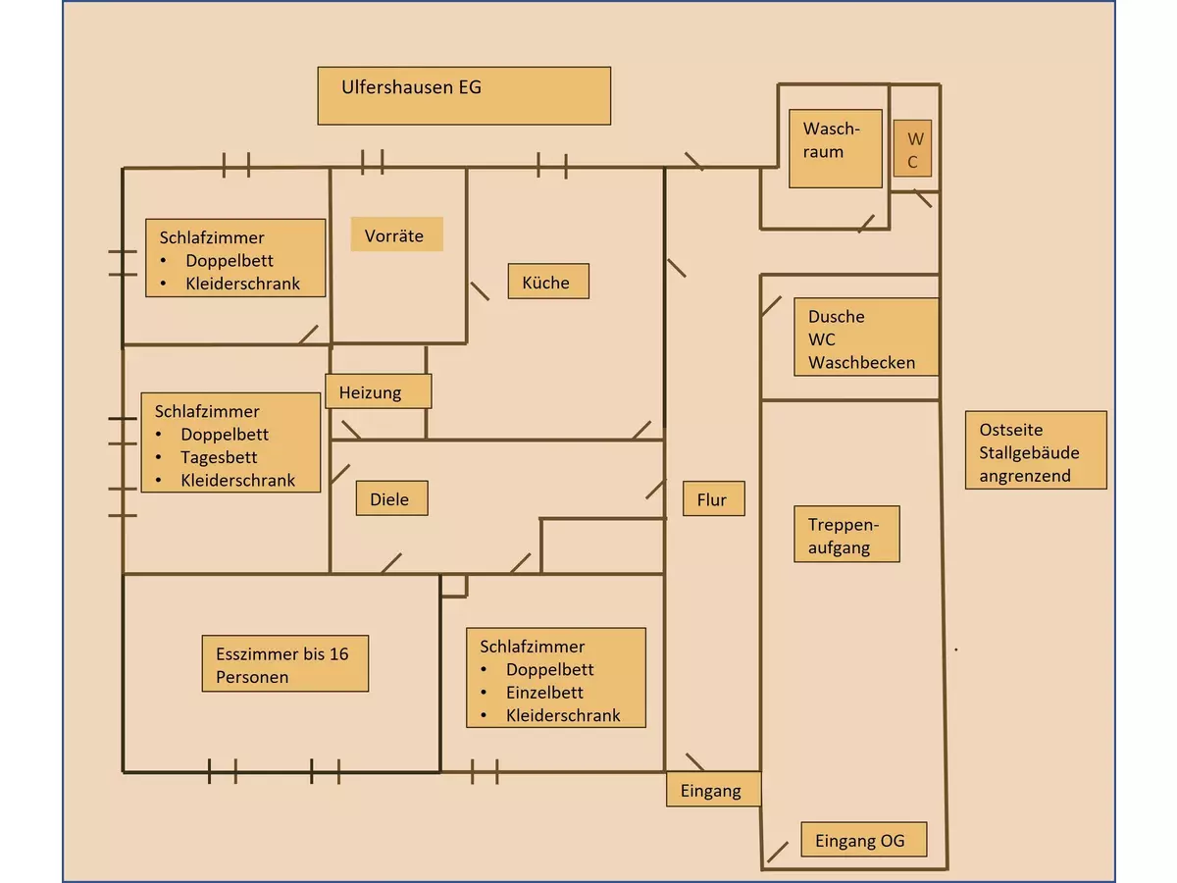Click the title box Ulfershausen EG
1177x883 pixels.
[x=464, y=95]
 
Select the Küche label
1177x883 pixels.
[x=548, y=282]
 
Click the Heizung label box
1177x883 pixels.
[x=378, y=391]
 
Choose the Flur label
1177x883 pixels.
[x=713, y=499]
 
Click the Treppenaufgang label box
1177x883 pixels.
[x=845, y=535]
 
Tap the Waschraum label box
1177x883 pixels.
[x=836, y=147]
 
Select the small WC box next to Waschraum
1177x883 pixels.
[x=912, y=149]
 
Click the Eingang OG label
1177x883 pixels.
[x=863, y=840]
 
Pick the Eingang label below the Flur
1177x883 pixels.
[x=713, y=790]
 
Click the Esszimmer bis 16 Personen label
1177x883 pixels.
[x=284, y=664]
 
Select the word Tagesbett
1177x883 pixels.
[x=219, y=457]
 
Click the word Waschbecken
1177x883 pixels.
[x=861, y=362]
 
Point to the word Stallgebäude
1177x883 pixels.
[x=1029, y=452]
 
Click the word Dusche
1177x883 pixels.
[x=836, y=316]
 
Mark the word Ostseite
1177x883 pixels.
[x=1010, y=429]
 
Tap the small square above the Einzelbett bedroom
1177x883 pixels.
[x=453, y=586]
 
